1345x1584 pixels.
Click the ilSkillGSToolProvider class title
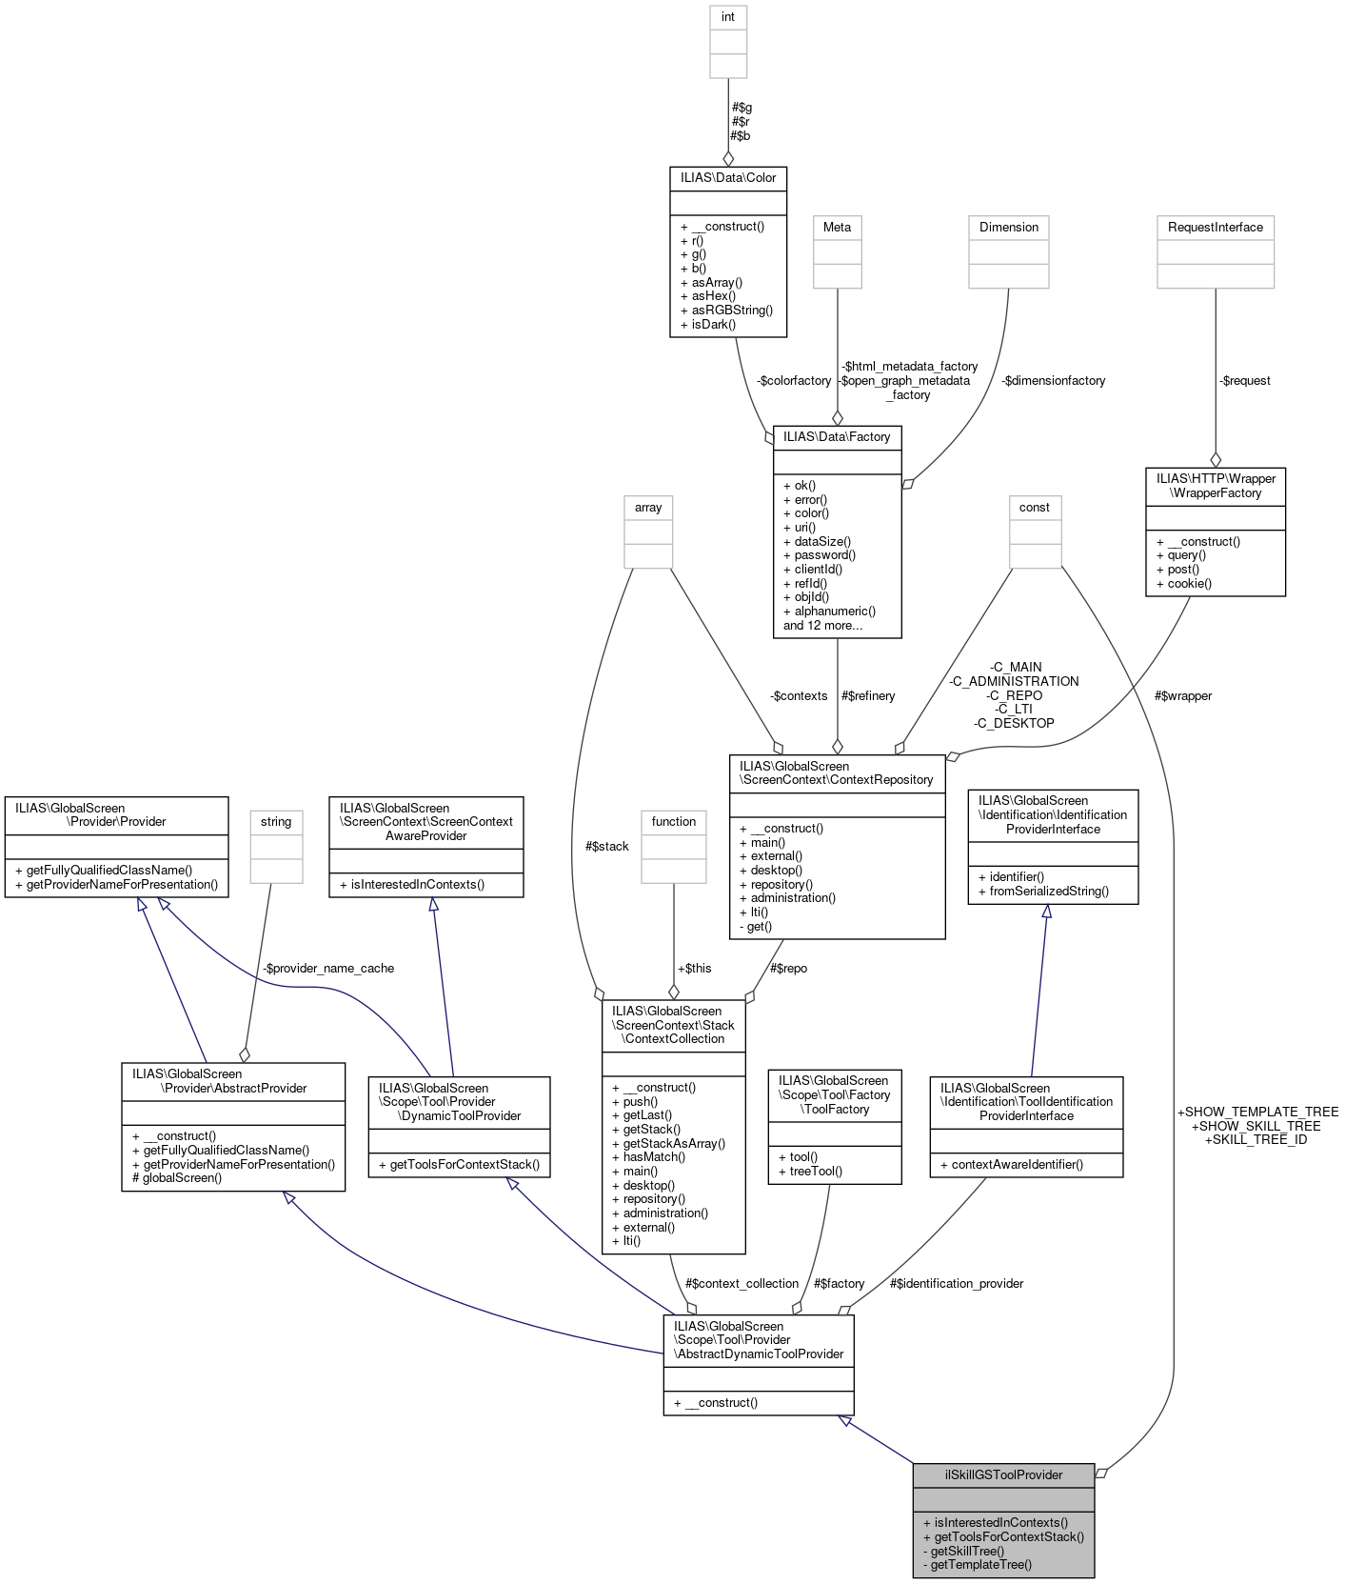click(1003, 1474)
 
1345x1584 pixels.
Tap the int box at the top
click(728, 17)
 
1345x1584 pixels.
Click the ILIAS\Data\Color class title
click(728, 178)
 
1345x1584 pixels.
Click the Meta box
click(837, 227)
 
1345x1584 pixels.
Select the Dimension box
click(1009, 227)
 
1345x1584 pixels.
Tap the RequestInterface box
click(1215, 227)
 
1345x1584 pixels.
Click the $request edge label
click(1245, 380)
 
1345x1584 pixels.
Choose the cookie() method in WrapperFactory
click(1189, 583)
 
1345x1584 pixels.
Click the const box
click(1034, 508)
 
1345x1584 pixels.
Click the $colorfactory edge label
click(794, 380)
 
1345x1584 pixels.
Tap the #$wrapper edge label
click(1182, 695)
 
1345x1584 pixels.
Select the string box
click(276, 821)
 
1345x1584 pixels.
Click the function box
click(674, 821)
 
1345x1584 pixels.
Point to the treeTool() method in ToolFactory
click(816, 1171)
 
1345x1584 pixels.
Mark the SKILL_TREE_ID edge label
click(1256, 1139)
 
